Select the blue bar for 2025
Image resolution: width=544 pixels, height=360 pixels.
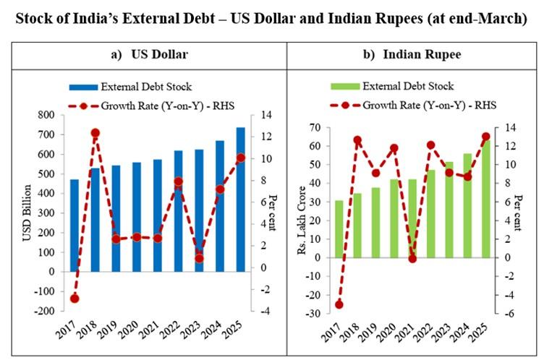coord(241,199)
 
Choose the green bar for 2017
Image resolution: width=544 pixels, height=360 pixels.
coord(339,228)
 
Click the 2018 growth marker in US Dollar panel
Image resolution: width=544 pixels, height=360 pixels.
coord(95,133)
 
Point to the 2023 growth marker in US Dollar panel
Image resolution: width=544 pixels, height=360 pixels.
coord(199,258)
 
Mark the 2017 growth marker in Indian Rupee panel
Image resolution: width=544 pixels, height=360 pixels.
coord(339,304)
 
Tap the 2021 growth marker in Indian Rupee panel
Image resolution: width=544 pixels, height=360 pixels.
coord(413,258)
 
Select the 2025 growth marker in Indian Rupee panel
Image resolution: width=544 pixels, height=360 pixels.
coord(486,137)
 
